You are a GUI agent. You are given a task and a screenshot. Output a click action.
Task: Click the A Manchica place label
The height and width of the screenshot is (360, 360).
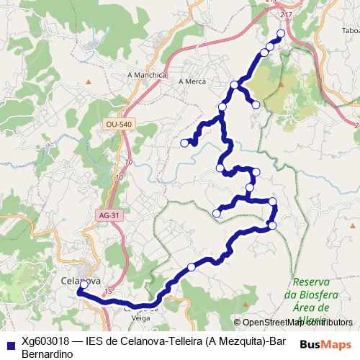[x=147, y=75]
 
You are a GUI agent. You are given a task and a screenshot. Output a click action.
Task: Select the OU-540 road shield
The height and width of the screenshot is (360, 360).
[x=117, y=125]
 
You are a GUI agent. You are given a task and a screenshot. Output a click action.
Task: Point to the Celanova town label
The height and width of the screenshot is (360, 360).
[x=80, y=279]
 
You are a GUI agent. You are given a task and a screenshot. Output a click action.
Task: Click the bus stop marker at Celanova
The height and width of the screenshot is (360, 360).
[x=84, y=284]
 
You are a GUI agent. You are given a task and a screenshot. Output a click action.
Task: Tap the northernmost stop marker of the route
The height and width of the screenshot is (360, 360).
[x=281, y=34]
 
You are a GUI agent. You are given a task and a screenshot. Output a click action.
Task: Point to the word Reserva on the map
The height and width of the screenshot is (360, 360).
[x=311, y=282]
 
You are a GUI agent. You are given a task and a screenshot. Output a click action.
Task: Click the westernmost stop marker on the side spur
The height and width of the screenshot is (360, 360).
[x=184, y=143]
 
